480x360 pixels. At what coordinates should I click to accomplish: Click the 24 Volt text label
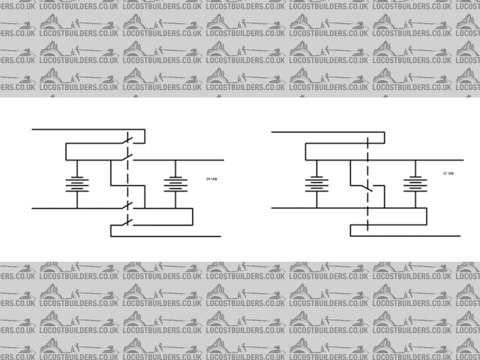tap(211, 178)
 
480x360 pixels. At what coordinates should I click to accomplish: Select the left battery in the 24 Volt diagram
tap(76, 183)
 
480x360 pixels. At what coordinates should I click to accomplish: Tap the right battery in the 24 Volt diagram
tap(175, 184)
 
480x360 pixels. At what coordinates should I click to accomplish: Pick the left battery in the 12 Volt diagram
tap(316, 183)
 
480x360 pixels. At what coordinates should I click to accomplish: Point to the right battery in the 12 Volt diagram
tap(414, 184)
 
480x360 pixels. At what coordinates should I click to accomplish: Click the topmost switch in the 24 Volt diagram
tap(128, 139)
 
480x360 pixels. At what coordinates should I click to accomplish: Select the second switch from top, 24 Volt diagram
tap(128, 158)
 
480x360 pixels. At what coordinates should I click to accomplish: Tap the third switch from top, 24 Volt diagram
tap(129, 205)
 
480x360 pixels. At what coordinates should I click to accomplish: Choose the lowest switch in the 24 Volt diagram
tap(129, 220)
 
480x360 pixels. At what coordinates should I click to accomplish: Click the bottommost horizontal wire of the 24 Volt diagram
tap(165, 236)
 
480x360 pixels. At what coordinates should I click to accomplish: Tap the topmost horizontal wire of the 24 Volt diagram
tap(82, 130)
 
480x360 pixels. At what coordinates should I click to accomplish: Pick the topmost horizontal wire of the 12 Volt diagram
tap(322, 132)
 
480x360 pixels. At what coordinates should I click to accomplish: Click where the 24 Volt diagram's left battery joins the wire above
tap(76, 160)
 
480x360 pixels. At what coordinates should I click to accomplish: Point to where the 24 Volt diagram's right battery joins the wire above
tap(175, 160)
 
